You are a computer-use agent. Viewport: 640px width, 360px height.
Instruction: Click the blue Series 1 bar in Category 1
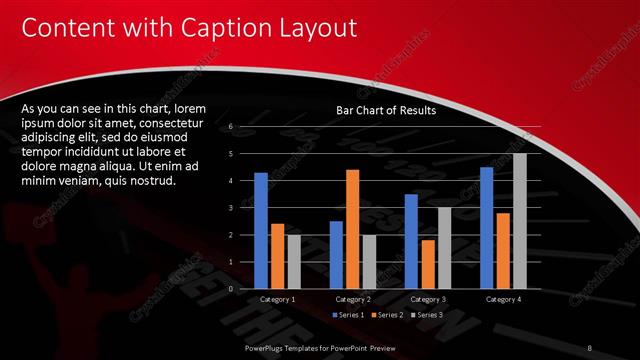click(x=261, y=230)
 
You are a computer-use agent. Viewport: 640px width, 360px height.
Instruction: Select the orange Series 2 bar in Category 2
click(x=352, y=229)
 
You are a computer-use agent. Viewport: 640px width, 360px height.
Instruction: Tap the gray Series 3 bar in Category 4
click(x=519, y=221)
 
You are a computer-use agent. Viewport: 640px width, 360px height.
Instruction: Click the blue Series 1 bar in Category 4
click(x=486, y=227)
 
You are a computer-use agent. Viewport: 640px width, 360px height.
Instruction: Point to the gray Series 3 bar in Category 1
click(x=294, y=262)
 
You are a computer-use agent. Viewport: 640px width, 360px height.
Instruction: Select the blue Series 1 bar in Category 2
click(x=336, y=255)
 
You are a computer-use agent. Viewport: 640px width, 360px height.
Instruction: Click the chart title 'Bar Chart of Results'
click(x=386, y=111)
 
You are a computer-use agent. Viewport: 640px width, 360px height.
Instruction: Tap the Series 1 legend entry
click(x=346, y=315)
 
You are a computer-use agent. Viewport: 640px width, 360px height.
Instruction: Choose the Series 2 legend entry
click(x=386, y=315)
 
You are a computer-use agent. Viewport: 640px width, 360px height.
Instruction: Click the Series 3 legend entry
click(x=425, y=315)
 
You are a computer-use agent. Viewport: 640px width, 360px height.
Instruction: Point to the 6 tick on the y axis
click(x=231, y=127)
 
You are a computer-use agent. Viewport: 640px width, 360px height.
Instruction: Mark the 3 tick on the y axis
click(x=231, y=208)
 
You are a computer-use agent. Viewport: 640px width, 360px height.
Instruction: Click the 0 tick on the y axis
click(x=231, y=289)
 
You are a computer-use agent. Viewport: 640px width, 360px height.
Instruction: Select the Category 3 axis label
click(x=428, y=299)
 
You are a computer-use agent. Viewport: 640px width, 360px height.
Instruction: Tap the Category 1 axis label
click(x=277, y=299)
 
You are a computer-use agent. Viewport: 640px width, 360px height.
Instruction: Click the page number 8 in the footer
click(x=590, y=346)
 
